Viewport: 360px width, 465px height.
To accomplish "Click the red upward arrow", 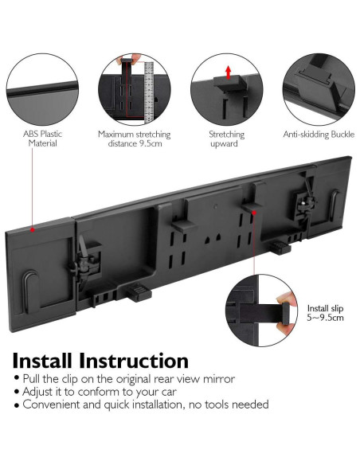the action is click(x=228, y=72).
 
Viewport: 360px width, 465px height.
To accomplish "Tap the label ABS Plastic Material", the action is click(x=43, y=139).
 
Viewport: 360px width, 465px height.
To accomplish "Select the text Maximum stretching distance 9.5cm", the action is click(x=135, y=139).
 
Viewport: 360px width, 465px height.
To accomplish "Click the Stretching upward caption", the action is click(x=226, y=139).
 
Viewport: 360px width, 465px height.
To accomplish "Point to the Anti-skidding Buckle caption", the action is click(x=319, y=135).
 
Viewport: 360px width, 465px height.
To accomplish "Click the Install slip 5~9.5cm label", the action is click(x=325, y=313).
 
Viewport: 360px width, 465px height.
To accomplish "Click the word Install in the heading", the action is click(x=42, y=361).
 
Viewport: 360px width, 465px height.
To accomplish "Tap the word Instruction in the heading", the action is click(x=134, y=361).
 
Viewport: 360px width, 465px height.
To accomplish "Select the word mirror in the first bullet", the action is click(x=219, y=379).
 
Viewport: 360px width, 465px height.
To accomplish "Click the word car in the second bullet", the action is click(x=168, y=392).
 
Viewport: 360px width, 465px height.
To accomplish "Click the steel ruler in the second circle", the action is click(x=149, y=92).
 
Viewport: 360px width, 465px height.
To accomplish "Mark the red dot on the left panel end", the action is click(x=33, y=229).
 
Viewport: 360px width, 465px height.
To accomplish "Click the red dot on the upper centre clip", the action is click(x=254, y=213).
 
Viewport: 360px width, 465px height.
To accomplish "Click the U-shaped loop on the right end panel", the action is click(x=335, y=205).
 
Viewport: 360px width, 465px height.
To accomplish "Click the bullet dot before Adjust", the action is click(x=16, y=392).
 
